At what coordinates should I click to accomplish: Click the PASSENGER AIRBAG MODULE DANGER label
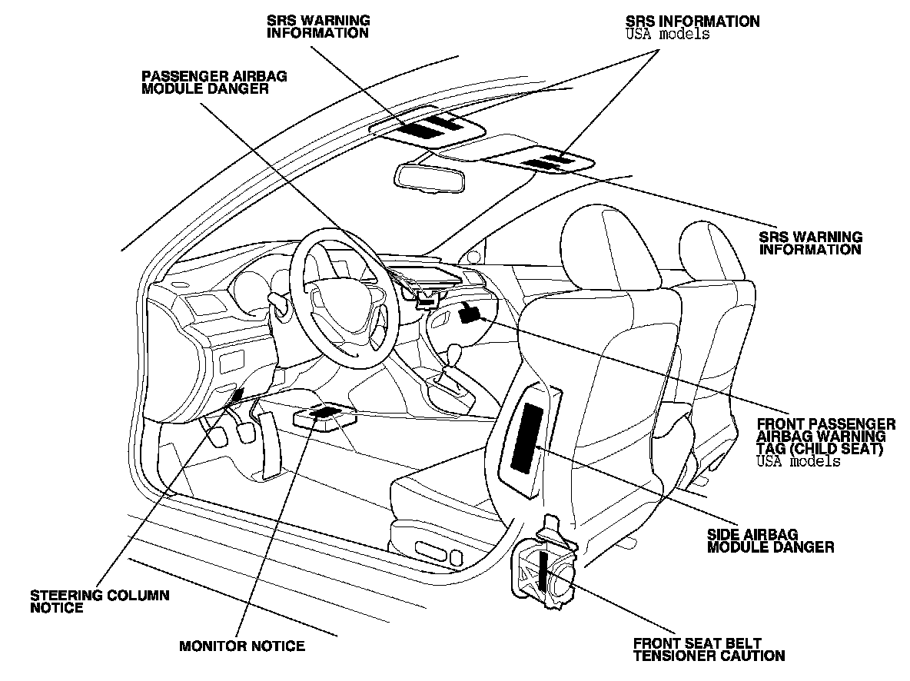(204, 82)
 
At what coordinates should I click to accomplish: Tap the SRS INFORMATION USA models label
(692, 27)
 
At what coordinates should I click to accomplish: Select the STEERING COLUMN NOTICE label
(100, 601)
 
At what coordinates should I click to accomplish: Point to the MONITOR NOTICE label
(242, 646)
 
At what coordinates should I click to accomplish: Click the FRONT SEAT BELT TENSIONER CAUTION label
(709, 649)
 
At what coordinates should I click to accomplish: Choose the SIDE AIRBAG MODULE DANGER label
(770, 541)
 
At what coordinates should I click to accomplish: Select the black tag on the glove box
(470, 312)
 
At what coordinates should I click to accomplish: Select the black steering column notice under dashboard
(238, 395)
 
